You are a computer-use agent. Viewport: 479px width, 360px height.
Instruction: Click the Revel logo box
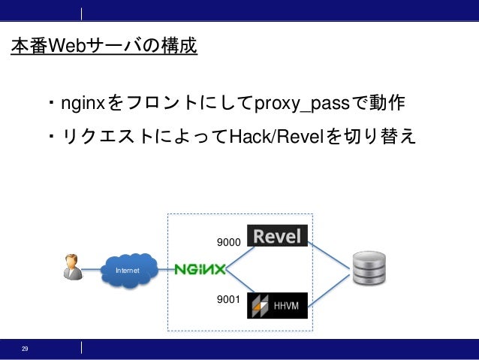(x=278, y=237)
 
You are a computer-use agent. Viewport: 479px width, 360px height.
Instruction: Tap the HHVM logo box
(x=278, y=305)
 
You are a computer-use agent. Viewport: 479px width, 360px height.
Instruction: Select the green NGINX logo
(x=200, y=269)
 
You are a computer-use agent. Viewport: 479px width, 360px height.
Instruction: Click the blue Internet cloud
(x=129, y=268)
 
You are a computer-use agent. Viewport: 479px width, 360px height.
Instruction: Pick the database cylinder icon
(x=369, y=269)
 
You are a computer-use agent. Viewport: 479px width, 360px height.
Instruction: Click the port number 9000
(x=227, y=243)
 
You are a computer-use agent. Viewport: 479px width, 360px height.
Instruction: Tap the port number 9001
(x=227, y=300)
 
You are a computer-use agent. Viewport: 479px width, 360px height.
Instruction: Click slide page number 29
(x=25, y=349)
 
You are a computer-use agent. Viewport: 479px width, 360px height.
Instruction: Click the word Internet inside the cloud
(x=127, y=269)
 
